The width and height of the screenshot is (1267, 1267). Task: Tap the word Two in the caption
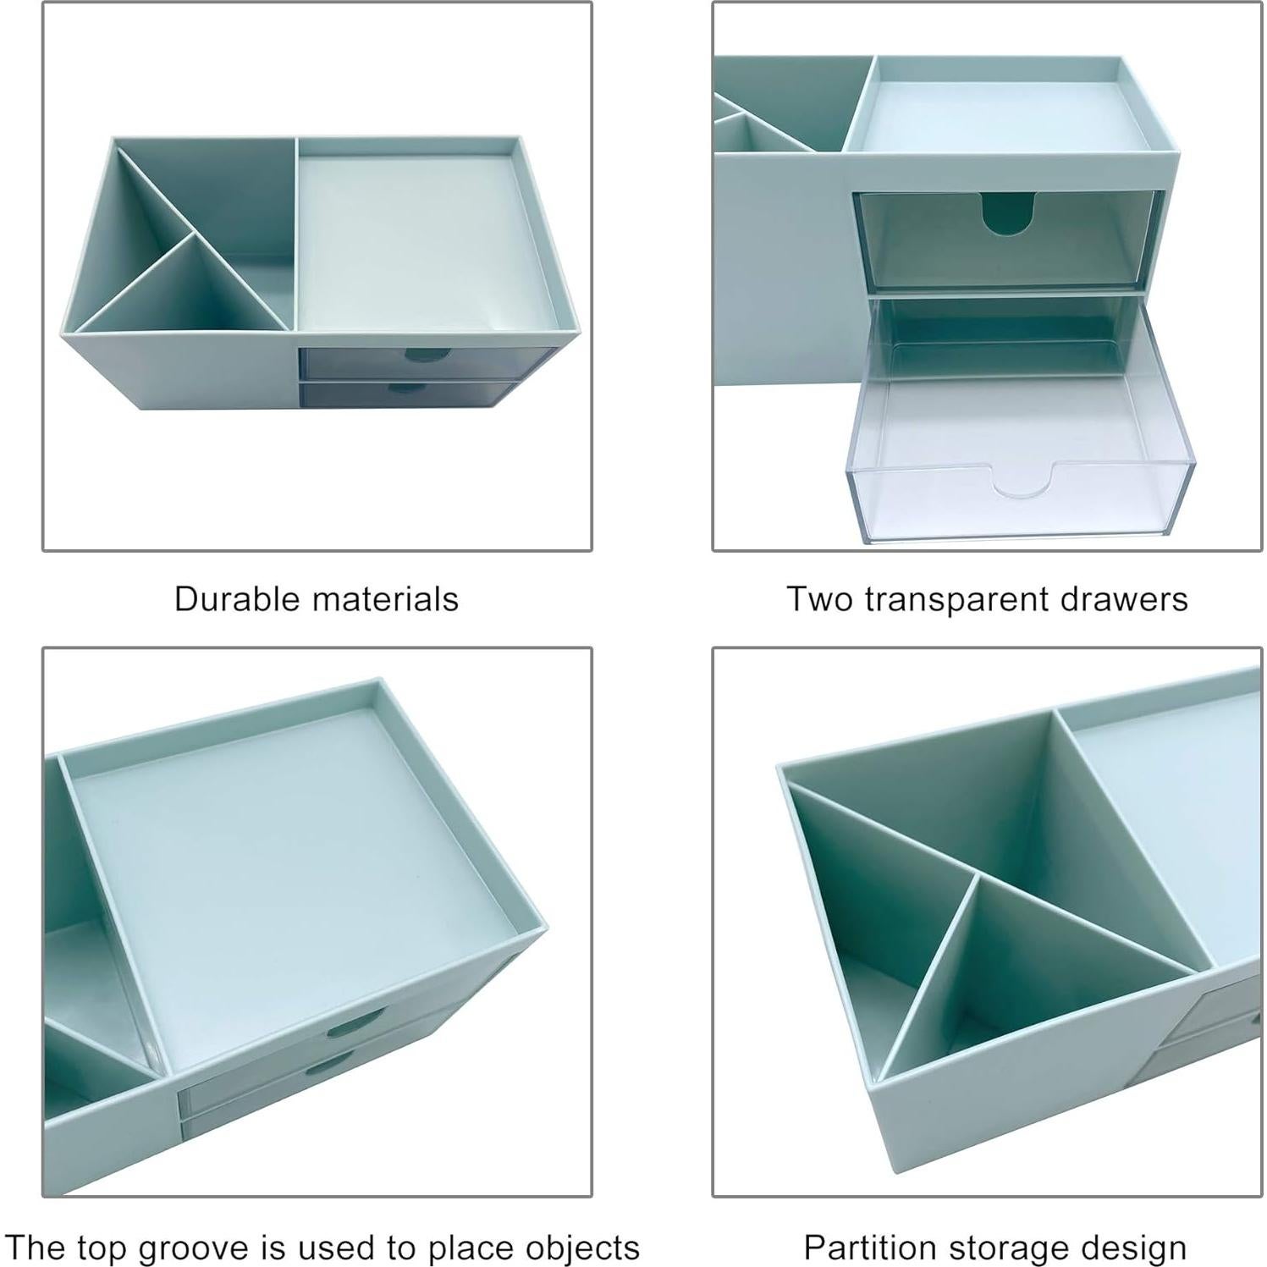coord(819,599)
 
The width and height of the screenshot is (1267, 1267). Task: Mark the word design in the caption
coord(1138,1248)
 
